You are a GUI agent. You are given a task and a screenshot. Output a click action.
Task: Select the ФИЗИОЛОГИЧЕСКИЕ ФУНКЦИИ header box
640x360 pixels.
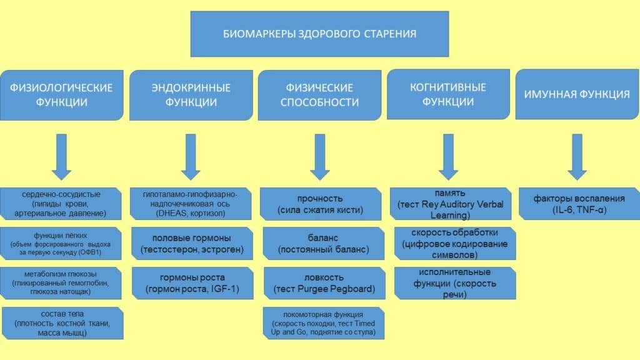61,94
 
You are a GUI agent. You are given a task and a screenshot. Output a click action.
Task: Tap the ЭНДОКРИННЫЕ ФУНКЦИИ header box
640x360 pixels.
191,94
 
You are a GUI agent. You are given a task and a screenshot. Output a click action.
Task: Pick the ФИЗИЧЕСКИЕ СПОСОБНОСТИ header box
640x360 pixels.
319,94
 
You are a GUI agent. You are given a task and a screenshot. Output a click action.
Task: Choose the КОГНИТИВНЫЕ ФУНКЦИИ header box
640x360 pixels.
447,94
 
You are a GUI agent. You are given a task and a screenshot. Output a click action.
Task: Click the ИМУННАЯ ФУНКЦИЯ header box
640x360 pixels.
576,94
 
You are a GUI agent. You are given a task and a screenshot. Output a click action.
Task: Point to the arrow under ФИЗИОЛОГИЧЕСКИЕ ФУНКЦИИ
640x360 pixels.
61,156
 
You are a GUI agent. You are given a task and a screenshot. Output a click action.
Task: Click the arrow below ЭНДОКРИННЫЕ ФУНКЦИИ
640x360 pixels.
191,156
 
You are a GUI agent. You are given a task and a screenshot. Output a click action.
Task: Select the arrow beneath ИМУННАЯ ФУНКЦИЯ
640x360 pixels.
576,156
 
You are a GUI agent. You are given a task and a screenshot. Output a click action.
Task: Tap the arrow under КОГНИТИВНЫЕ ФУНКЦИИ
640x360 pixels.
447,156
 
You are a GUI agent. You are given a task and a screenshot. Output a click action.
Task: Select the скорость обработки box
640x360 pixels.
454,244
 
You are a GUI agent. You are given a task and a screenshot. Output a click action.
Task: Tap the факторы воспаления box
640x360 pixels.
579,204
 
